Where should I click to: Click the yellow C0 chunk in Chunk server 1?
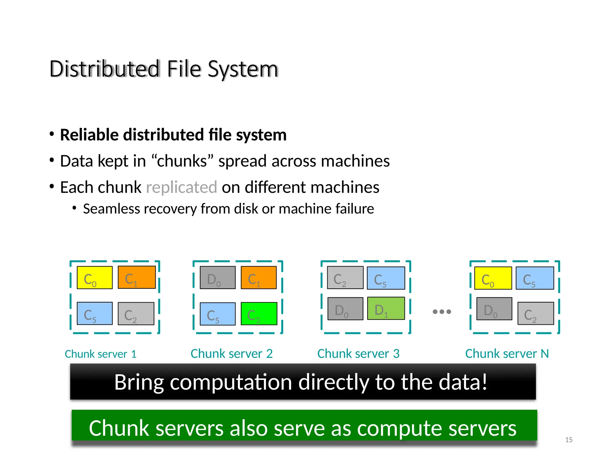click(x=95, y=278)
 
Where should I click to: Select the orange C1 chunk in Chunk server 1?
click(x=137, y=277)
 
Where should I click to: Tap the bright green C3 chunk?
click(x=259, y=314)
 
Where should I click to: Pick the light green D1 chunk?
click(x=386, y=308)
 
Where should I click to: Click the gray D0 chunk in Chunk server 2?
click(x=218, y=278)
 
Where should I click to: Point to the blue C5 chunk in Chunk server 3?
click(x=386, y=278)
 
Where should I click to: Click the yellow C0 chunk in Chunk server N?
click(x=493, y=278)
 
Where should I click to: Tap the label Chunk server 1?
click(x=101, y=354)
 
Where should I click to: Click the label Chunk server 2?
click(x=232, y=354)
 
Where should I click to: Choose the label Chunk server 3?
click(x=358, y=354)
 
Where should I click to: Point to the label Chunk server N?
click(x=507, y=354)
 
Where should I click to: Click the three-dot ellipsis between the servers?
click(x=442, y=312)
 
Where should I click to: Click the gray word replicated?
click(x=181, y=187)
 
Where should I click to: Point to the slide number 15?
click(x=568, y=440)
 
